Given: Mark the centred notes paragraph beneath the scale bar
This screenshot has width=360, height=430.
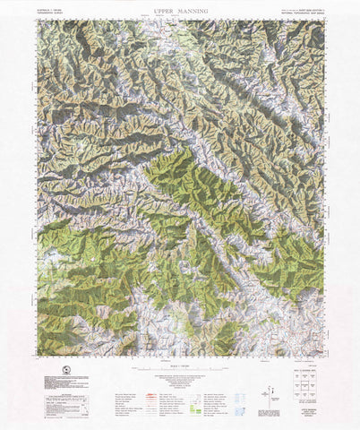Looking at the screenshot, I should pyautogui.click(x=180, y=382).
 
